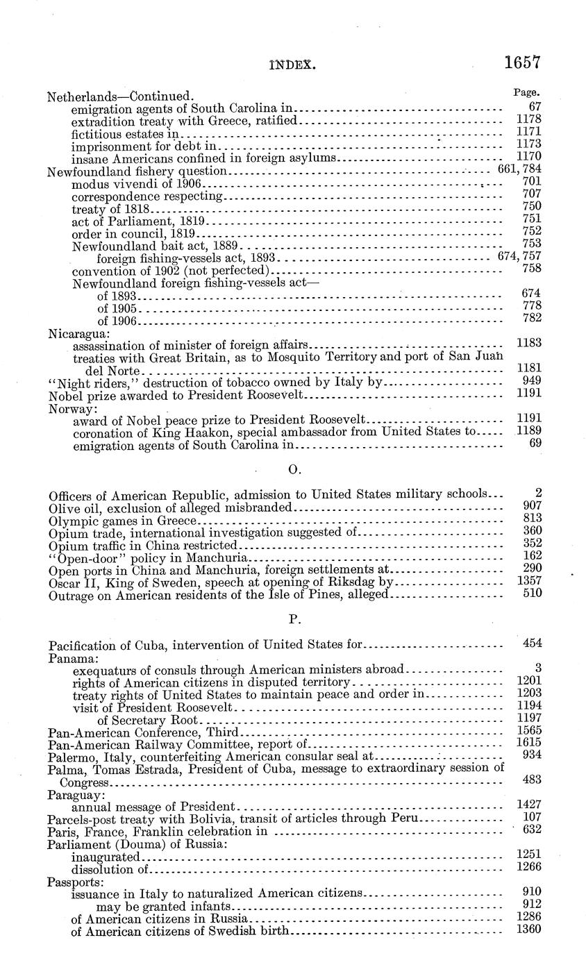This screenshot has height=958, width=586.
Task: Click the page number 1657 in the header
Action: pos(522,62)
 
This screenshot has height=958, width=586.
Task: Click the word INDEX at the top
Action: pos(292,66)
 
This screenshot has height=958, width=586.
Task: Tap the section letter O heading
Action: pos(293,470)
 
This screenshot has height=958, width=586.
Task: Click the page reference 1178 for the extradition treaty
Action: pos(529,119)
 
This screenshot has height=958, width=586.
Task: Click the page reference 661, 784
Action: pos(520,169)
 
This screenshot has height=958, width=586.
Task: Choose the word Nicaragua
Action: pos(74,333)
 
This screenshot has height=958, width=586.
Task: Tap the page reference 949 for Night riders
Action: pos(531,380)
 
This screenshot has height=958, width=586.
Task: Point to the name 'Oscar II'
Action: pos(72,582)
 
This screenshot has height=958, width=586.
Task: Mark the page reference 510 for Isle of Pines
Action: pos(531,594)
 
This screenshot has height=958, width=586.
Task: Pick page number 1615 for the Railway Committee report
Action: pos(529,742)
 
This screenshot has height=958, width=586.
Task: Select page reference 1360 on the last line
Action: pos(529,929)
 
